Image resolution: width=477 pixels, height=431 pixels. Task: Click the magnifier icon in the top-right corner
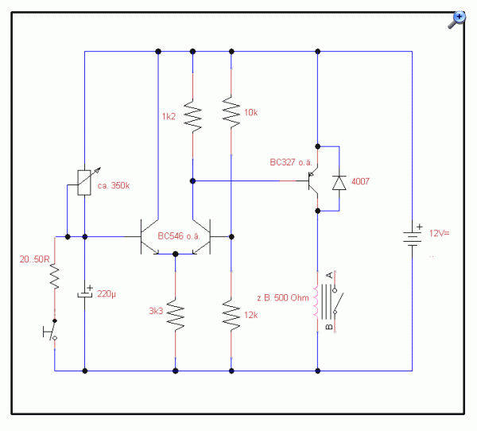pyautogui.click(x=456, y=20)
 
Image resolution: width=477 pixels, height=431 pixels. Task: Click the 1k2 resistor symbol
pyautogui.click(x=192, y=116)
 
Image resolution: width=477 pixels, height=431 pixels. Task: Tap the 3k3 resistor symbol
pyautogui.click(x=175, y=315)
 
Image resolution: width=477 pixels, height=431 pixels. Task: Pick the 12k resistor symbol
pyautogui.click(x=231, y=315)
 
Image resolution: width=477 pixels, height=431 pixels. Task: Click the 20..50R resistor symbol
pyautogui.click(x=55, y=276)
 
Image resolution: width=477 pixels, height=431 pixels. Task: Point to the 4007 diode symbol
pyautogui.click(x=339, y=183)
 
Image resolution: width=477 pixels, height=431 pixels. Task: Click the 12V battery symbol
pyautogui.click(x=412, y=239)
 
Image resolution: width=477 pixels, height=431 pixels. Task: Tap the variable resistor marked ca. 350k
pyautogui.click(x=84, y=182)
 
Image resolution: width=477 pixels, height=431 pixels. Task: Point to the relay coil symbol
pyautogui.click(x=316, y=301)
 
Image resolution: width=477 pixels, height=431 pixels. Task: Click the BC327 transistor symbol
pyautogui.click(x=312, y=181)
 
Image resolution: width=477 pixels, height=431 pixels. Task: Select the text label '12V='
pyautogui.click(x=440, y=234)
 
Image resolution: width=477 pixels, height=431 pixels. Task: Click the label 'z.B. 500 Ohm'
pyautogui.click(x=283, y=297)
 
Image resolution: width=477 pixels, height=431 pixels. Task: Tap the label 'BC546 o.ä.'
pyautogui.click(x=179, y=236)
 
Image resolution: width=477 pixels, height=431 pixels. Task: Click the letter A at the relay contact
pyautogui.click(x=329, y=275)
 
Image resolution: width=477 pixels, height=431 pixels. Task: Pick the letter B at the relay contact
pyautogui.click(x=329, y=327)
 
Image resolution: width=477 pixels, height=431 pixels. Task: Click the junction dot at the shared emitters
pyautogui.click(x=175, y=254)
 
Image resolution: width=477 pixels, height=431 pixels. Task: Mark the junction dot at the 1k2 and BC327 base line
pyautogui.click(x=192, y=181)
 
